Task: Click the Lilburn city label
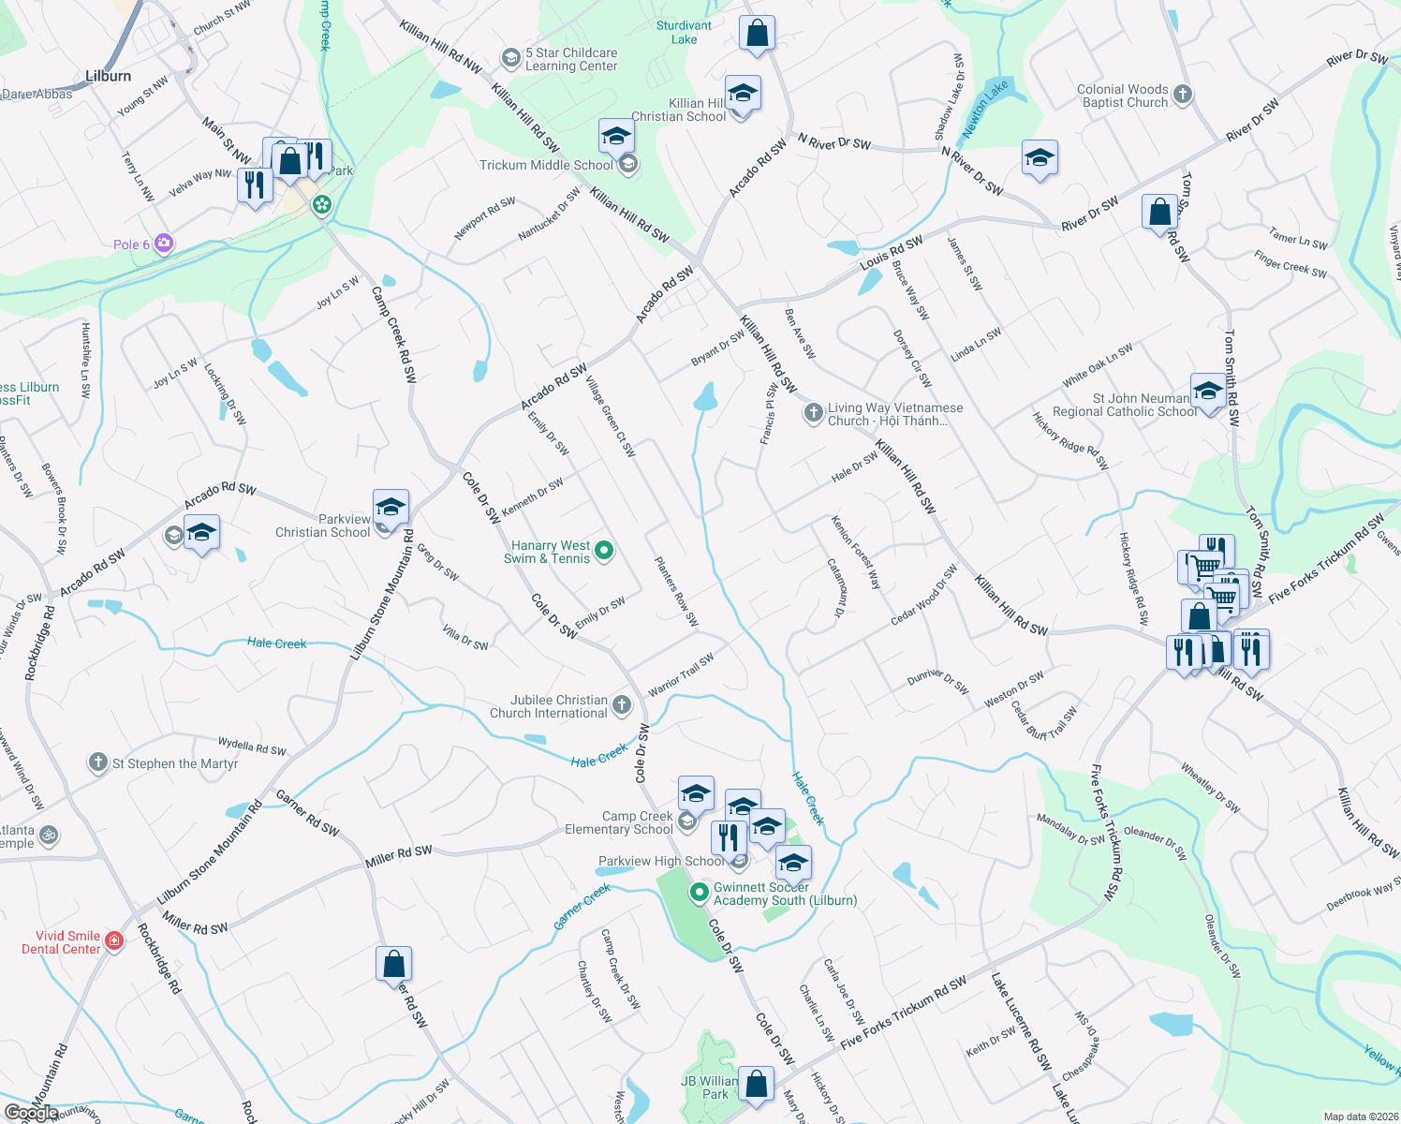pos(108,76)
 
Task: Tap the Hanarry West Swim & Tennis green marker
pos(604,552)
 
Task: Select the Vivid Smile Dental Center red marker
pos(114,940)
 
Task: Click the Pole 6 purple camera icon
pos(164,244)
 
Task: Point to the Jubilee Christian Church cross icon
pos(622,705)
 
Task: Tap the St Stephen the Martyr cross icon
pos(98,762)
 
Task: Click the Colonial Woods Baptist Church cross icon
pos(1183,94)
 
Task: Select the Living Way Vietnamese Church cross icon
pos(814,412)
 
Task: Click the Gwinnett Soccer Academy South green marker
pos(699,893)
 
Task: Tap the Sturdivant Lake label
pos(684,33)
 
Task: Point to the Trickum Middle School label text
pos(546,165)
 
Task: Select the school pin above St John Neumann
pos(1208,392)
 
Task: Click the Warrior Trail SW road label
pos(681,674)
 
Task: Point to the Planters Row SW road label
pos(676,591)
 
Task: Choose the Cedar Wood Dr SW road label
pos(923,595)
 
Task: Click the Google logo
pos(31,1113)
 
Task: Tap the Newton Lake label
pos(985,109)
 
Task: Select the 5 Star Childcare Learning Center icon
pos(510,59)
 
